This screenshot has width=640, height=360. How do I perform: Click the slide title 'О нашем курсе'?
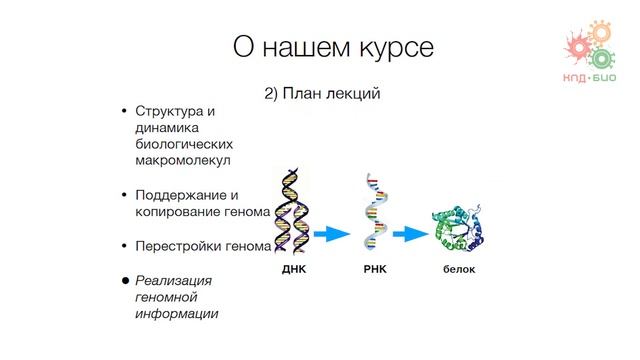(320, 46)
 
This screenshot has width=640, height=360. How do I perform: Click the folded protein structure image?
(459, 231)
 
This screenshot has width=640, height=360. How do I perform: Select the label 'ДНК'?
(293, 270)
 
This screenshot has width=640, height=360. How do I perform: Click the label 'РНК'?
(375, 270)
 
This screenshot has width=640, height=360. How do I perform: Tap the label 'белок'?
(459, 270)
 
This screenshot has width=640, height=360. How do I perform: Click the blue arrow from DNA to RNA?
(332, 234)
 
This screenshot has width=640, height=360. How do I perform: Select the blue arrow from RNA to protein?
(409, 234)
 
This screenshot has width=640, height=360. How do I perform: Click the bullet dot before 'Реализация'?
(125, 281)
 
